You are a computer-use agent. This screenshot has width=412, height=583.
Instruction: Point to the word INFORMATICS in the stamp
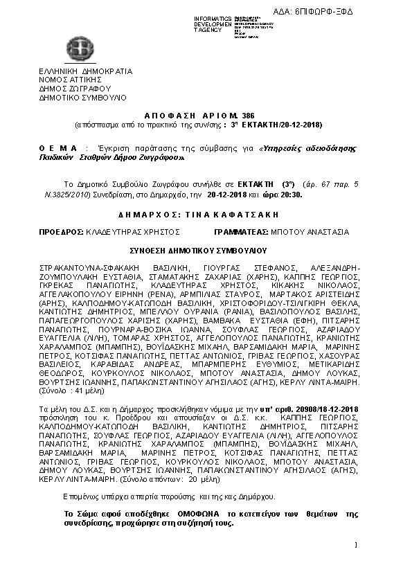(213, 17)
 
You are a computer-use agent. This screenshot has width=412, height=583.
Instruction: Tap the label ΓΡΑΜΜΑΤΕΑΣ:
(244, 232)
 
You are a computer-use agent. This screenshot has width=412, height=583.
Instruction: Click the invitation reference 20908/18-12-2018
(325, 410)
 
